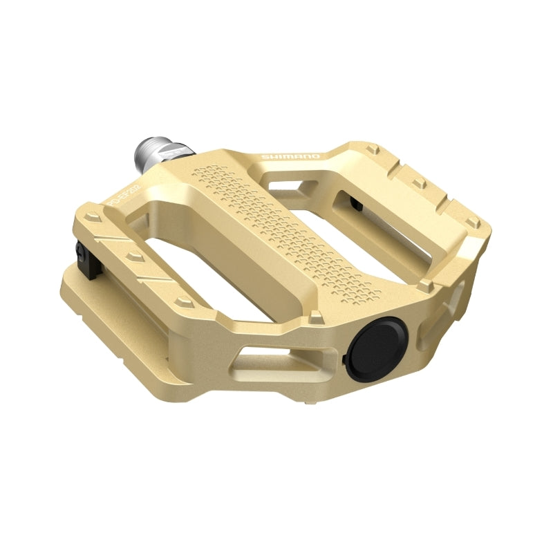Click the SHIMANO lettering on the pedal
pyautogui.click(x=290, y=157)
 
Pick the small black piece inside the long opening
pyautogui.click(x=355, y=203)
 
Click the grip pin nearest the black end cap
pyautogui.click(x=316, y=317)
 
